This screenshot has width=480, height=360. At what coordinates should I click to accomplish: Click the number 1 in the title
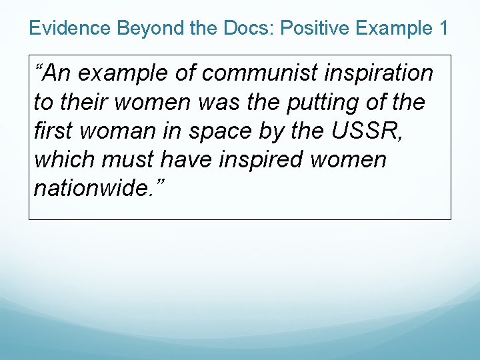tap(443, 28)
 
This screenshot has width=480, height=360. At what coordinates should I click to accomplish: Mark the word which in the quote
tap(61, 160)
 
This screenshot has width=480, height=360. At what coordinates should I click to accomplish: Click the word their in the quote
tap(82, 103)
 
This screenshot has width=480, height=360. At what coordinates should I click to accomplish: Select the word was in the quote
tap(223, 103)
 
